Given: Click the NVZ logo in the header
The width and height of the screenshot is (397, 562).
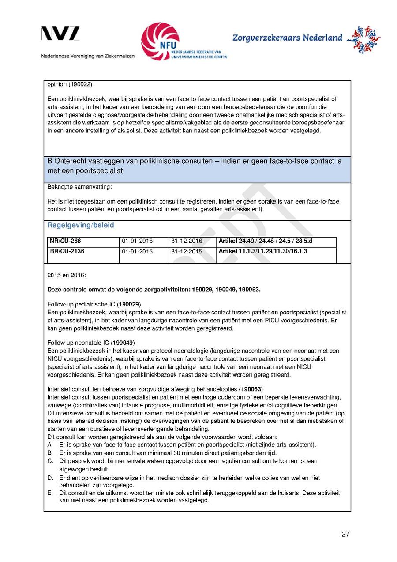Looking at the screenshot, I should pyautogui.click(x=60, y=34).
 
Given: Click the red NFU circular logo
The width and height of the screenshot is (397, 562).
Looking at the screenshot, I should pyautogui.click(x=160, y=41).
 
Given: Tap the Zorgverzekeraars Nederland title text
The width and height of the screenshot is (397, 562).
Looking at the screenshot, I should pyautogui.click(x=287, y=38).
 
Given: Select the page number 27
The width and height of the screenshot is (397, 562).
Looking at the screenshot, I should pyautogui.click(x=345, y=535).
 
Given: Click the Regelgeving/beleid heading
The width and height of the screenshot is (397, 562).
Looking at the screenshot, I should pyautogui.click(x=81, y=226).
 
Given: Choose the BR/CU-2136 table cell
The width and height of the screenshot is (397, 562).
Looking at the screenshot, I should pyautogui.click(x=67, y=252).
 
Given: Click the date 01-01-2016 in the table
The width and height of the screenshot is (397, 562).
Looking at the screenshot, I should pyautogui.click(x=137, y=241).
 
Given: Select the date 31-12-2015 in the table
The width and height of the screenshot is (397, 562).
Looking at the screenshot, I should pyautogui.click(x=186, y=252).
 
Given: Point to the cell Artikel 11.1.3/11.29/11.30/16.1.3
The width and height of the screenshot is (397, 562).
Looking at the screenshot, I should pyautogui.click(x=263, y=252).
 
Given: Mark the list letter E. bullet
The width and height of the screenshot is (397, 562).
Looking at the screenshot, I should pyautogui.click(x=50, y=493).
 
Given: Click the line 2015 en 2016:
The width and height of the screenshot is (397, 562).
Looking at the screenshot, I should pyautogui.click(x=67, y=275).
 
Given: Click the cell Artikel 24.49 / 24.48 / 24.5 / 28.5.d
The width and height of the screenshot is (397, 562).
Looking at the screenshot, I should pyautogui.click(x=266, y=241).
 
